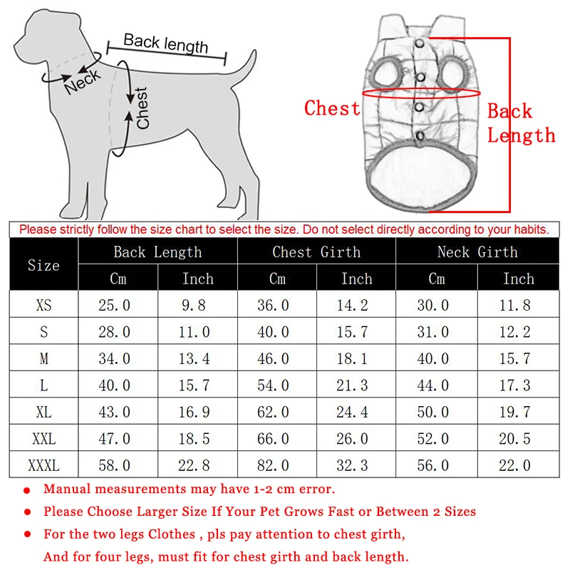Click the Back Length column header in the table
click(x=157, y=252)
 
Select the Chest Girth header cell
click(x=316, y=252)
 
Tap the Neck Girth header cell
click(x=477, y=252)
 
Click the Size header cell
click(x=43, y=265)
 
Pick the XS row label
click(x=43, y=306)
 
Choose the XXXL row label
click(x=43, y=466)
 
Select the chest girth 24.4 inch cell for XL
click(x=356, y=413)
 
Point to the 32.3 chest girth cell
click(x=356, y=466)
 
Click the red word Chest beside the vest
click(x=332, y=108)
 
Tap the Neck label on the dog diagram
click(x=82, y=83)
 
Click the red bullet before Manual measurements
click(x=27, y=491)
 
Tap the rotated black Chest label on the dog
click(x=143, y=108)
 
